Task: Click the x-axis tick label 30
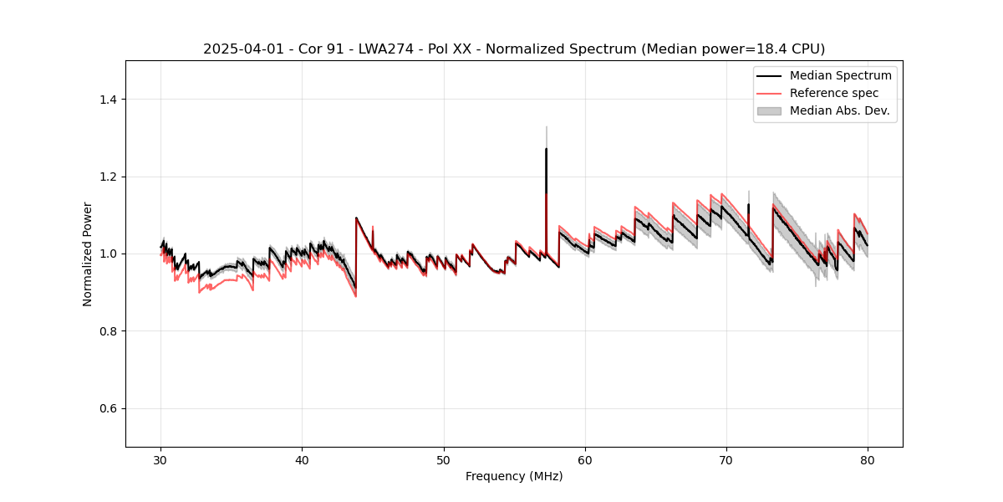pos(161,460)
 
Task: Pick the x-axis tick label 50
pos(444,460)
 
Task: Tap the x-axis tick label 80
pos(868,460)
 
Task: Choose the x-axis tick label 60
pos(585,460)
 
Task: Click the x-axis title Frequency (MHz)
pos(514,476)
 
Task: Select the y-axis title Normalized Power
pos(88,254)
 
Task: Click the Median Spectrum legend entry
pos(840,75)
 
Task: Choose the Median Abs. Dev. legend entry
pos(839,110)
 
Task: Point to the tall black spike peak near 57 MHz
pos(546,150)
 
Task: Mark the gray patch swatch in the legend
pos(769,110)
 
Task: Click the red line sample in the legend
pos(769,93)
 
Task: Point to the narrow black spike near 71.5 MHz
pos(748,205)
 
